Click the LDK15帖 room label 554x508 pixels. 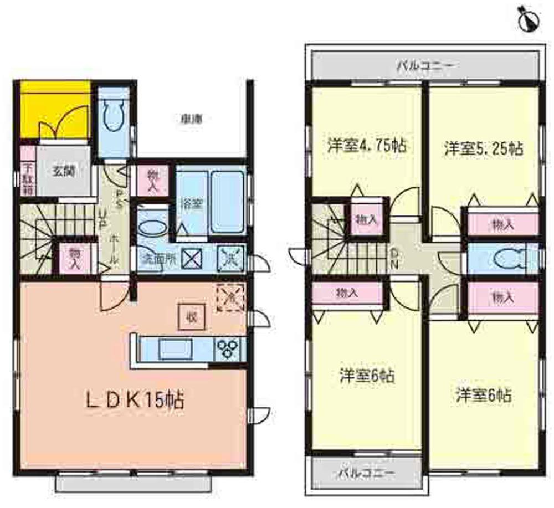[135, 399]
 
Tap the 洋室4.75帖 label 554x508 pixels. [365, 147]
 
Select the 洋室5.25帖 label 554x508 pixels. [483, 148]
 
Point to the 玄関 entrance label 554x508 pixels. [63, 170]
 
